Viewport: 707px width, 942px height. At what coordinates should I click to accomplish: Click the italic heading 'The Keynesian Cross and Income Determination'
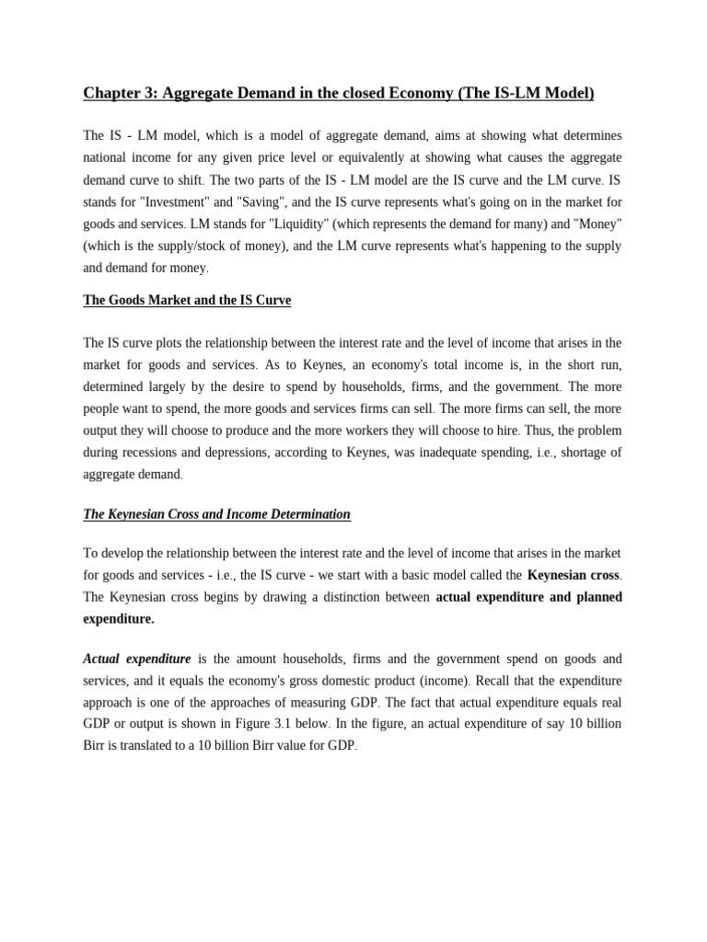217,514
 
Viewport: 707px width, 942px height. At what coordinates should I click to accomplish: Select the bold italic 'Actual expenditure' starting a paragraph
137,659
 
